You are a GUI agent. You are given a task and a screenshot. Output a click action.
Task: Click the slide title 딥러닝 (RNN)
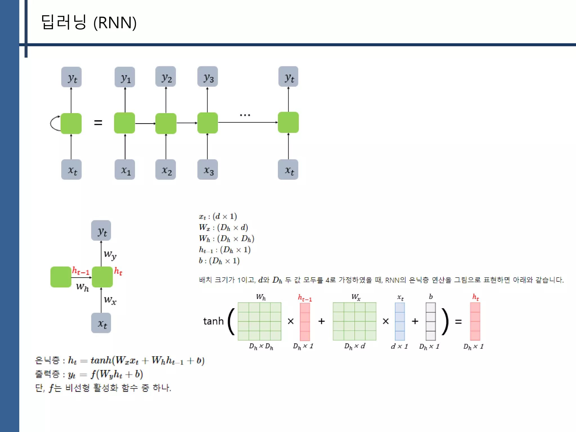(89, 22)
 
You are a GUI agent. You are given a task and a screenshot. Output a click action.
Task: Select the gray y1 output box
(125, 77)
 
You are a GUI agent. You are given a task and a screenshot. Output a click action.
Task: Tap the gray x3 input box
(208, 170)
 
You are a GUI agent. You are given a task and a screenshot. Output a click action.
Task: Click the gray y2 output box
(166, 76)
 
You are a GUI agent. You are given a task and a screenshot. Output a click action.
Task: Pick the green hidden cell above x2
(166, 123)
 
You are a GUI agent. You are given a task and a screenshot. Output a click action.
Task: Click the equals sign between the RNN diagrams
(98, 123)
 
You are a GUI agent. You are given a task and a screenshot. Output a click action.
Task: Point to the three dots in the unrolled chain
(245, 115)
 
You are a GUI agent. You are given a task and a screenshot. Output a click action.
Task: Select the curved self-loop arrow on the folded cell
(54, 123)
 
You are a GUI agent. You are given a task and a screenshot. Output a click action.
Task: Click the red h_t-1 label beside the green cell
(80, 271)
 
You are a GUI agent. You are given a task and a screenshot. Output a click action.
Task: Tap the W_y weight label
(110, 255)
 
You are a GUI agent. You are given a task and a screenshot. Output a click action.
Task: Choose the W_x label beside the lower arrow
(110, 300)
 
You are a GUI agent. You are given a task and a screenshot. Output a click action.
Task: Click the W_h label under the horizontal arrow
(82, 287)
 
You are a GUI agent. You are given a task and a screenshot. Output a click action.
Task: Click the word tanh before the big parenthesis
(213, 321)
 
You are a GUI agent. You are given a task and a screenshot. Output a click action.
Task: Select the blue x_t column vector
(400, 321)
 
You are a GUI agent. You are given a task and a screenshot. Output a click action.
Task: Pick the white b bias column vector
(431, 321)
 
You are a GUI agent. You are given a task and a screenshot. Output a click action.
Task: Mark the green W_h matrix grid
(259, 321)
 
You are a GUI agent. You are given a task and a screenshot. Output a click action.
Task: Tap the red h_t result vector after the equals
(475, 321)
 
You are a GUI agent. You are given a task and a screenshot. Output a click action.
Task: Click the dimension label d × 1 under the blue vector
(399, 346)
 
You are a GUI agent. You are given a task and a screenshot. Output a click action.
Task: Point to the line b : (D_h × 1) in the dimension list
(219, 261)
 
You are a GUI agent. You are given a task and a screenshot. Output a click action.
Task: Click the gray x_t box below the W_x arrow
(101, 323)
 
